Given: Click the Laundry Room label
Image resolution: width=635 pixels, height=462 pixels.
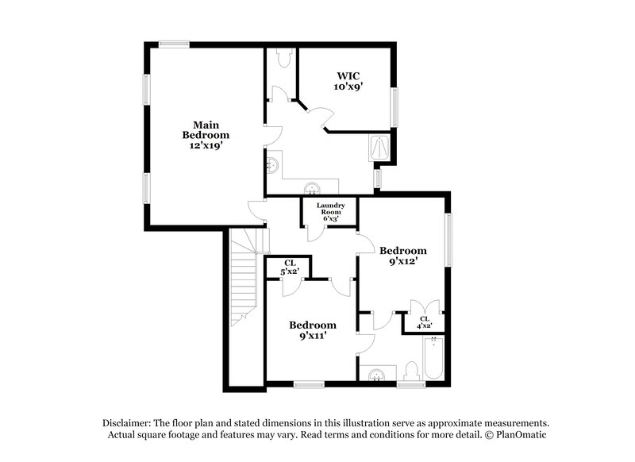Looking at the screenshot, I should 330,210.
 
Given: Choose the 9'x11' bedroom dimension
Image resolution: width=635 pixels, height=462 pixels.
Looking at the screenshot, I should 312,336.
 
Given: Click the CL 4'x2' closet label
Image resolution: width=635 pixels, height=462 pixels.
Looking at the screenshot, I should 425,321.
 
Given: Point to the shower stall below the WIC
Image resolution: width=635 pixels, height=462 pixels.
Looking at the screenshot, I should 382,147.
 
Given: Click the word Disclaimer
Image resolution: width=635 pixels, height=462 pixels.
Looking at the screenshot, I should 126,423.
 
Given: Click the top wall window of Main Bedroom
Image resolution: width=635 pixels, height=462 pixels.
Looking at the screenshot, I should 173,45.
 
